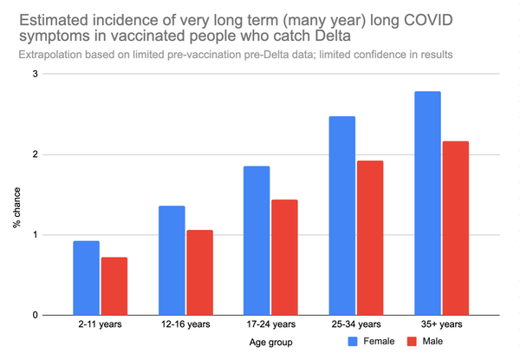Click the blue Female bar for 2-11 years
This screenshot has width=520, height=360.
[x=87, y=278]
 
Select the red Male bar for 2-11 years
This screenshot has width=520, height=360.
[x=114, y=286]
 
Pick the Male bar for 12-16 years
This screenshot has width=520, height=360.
[x=198, y=272]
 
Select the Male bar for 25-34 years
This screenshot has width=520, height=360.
[x=368, y=238]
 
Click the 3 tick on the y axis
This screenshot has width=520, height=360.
[x=35, y=75]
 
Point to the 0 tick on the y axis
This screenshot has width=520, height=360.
[x=35, y=316]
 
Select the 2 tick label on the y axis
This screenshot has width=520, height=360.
[x=35, y=155]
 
